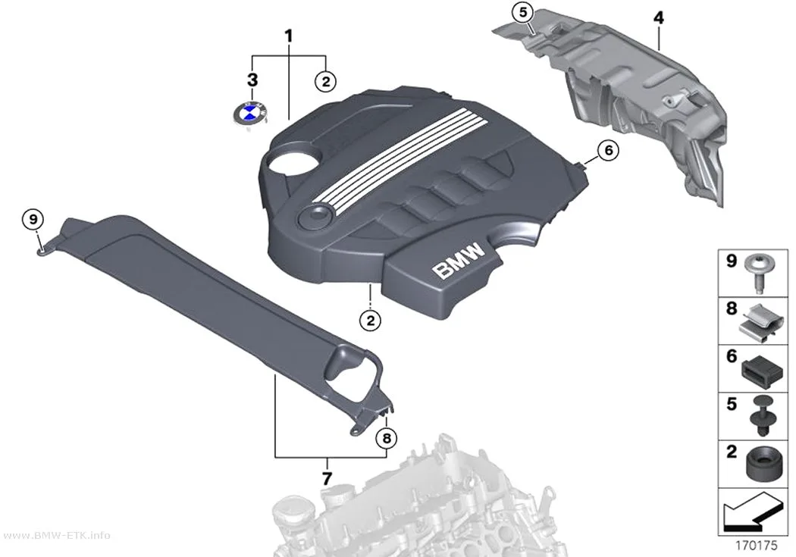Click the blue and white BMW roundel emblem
click(249, 113)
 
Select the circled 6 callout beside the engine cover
click(608, 150)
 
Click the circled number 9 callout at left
click(33, 220)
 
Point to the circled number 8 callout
click(387, 438)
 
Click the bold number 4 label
click(658, 17)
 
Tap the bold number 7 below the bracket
click(327, 478)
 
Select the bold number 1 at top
click(288, 36)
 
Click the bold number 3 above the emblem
click(252, 80)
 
